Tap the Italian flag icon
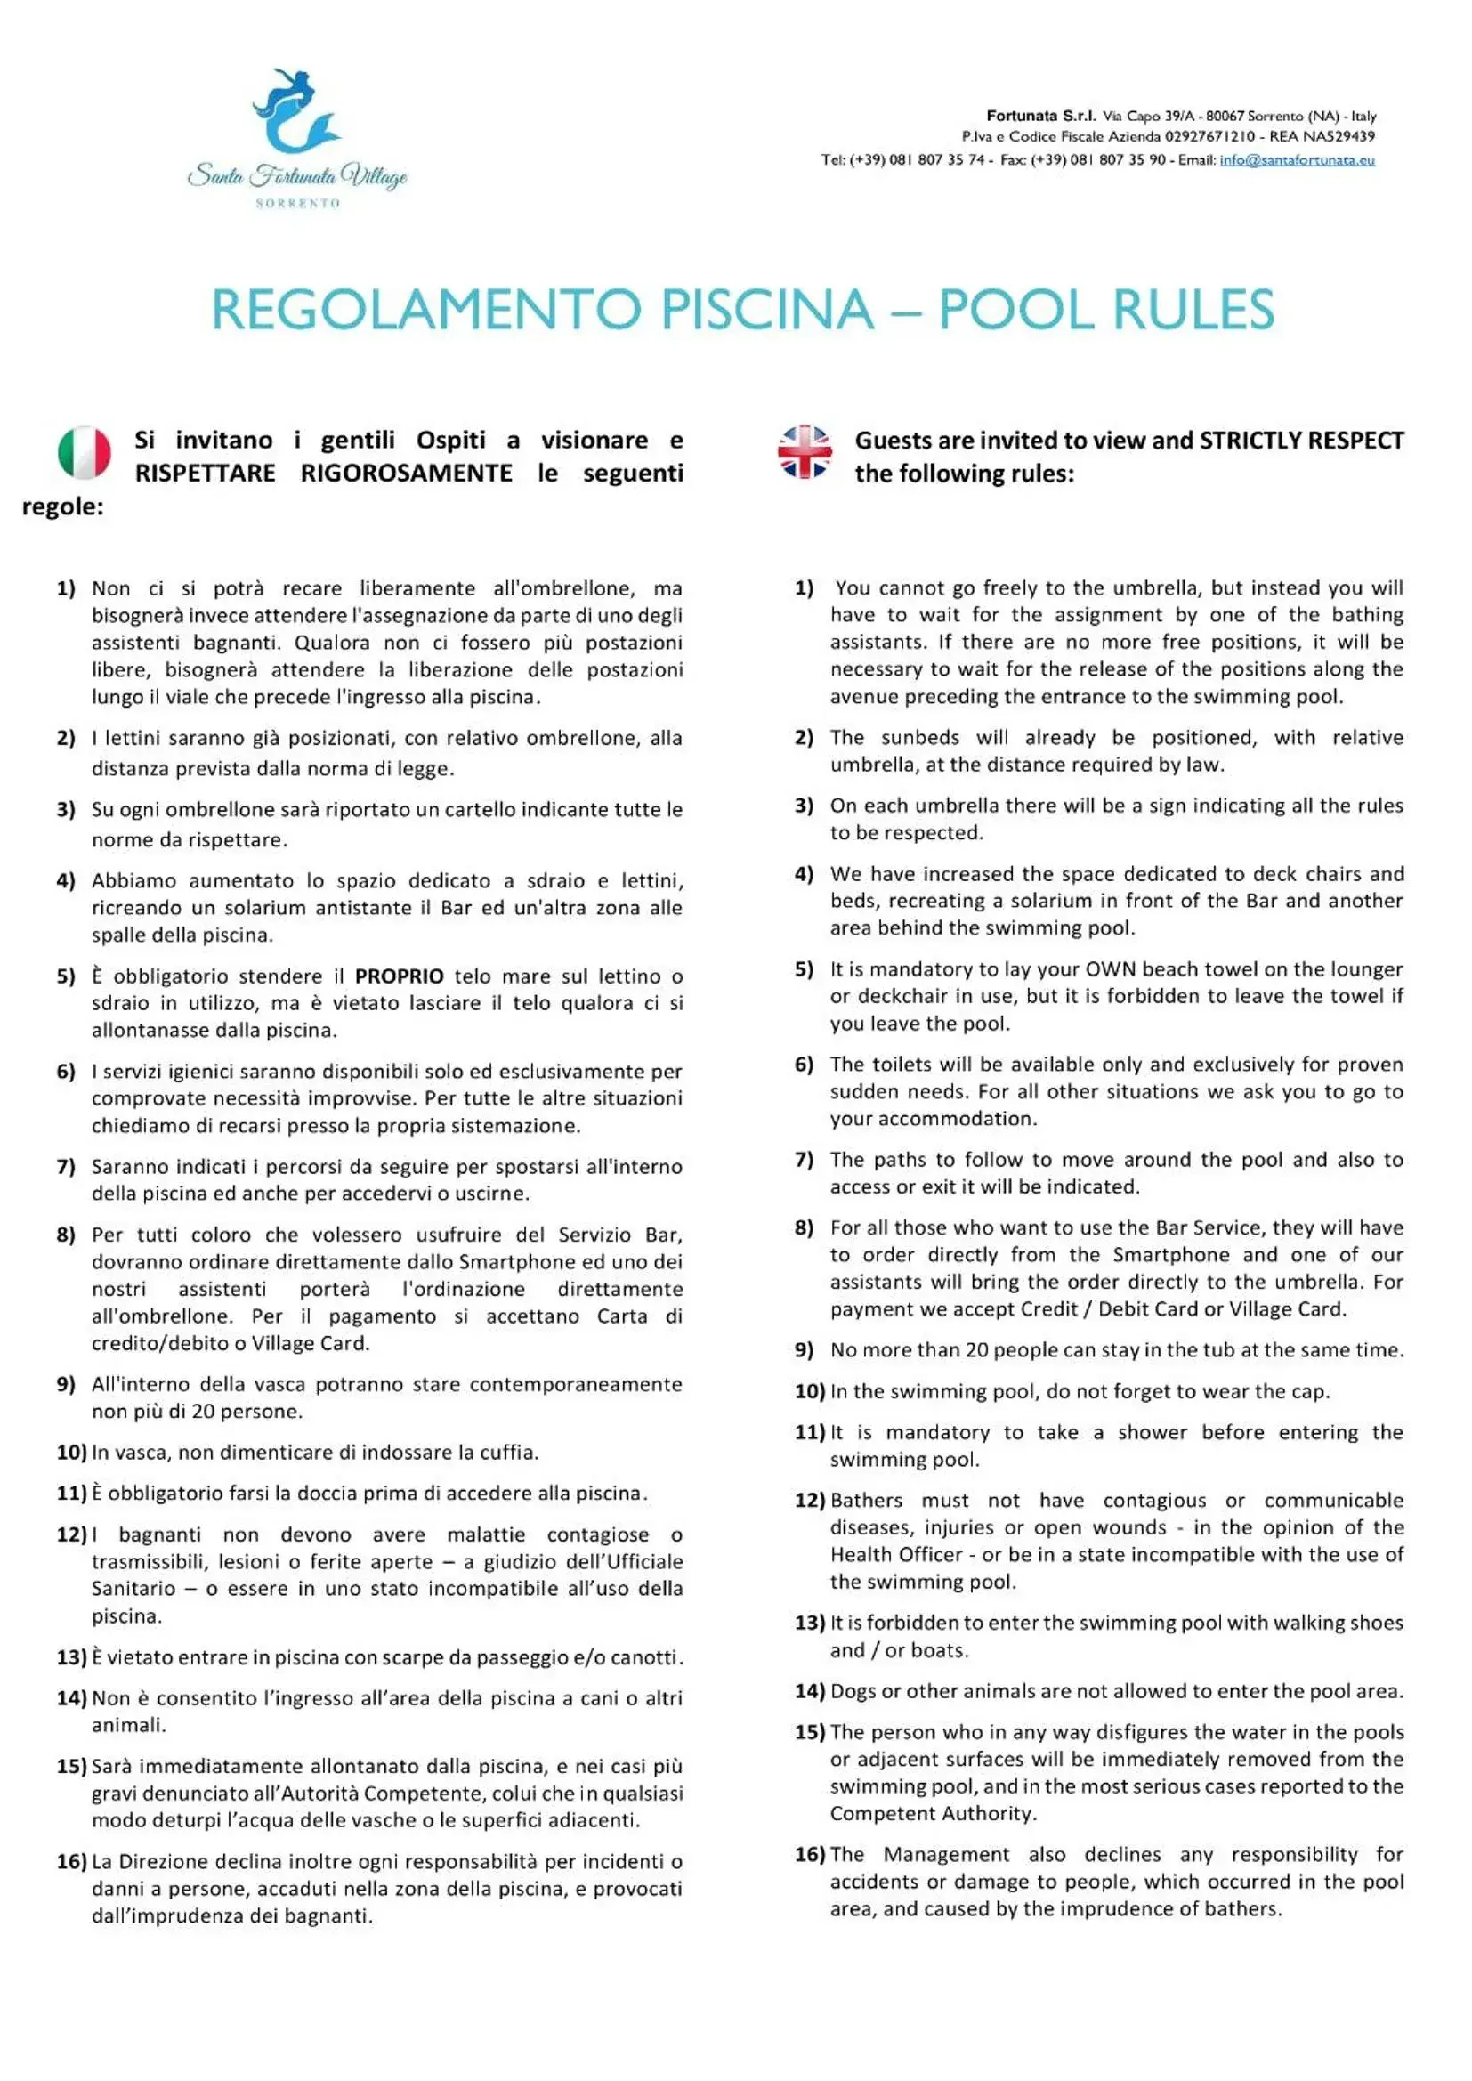coord(85,452)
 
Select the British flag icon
coord(804,451)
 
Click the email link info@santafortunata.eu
coord(1296,160)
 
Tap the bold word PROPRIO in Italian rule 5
coord(399,976)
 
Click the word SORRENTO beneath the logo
coord(297,204)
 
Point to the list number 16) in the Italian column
coord(70,1862)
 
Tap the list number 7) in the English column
coord(804,1160)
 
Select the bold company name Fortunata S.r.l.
coord(1040,116)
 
